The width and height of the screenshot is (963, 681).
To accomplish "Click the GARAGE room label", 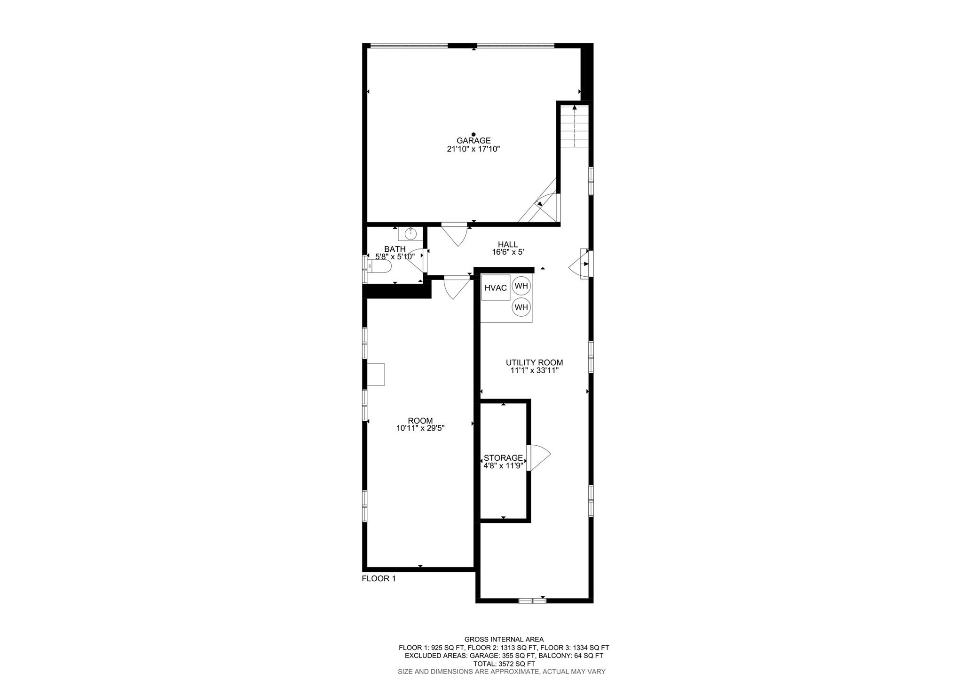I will pos(474,141).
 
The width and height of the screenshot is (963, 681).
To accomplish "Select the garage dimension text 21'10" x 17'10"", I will pos(473,149).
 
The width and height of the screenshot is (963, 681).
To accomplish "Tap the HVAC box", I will pos(496,288).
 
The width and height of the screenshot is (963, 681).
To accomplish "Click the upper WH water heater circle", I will pos(521,286).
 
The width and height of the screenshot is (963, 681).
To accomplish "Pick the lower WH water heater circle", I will pos(521,307).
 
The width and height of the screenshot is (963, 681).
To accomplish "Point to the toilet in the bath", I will pos(380,266).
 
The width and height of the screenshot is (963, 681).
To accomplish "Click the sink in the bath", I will pos(410,233).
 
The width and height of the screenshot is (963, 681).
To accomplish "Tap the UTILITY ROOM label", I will pos(534,363).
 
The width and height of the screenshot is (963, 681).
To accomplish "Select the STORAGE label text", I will pos(503,458).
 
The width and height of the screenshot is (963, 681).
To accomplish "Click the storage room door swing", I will pos(538,457).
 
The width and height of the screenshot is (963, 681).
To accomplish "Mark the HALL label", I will pos(508,245).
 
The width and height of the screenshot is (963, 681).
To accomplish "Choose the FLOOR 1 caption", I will pos(379,579).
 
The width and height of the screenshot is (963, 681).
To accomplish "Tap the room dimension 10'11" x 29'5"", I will pos(420,429).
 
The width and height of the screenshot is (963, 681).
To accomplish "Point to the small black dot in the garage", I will pos(474,135).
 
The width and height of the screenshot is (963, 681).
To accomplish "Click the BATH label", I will pos(395,249).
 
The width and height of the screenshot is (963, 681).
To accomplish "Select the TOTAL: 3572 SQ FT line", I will pos(504,664).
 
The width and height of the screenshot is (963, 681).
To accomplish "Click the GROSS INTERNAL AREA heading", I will pos(504,640).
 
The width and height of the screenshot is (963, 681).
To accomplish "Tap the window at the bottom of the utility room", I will pos(532,601).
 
